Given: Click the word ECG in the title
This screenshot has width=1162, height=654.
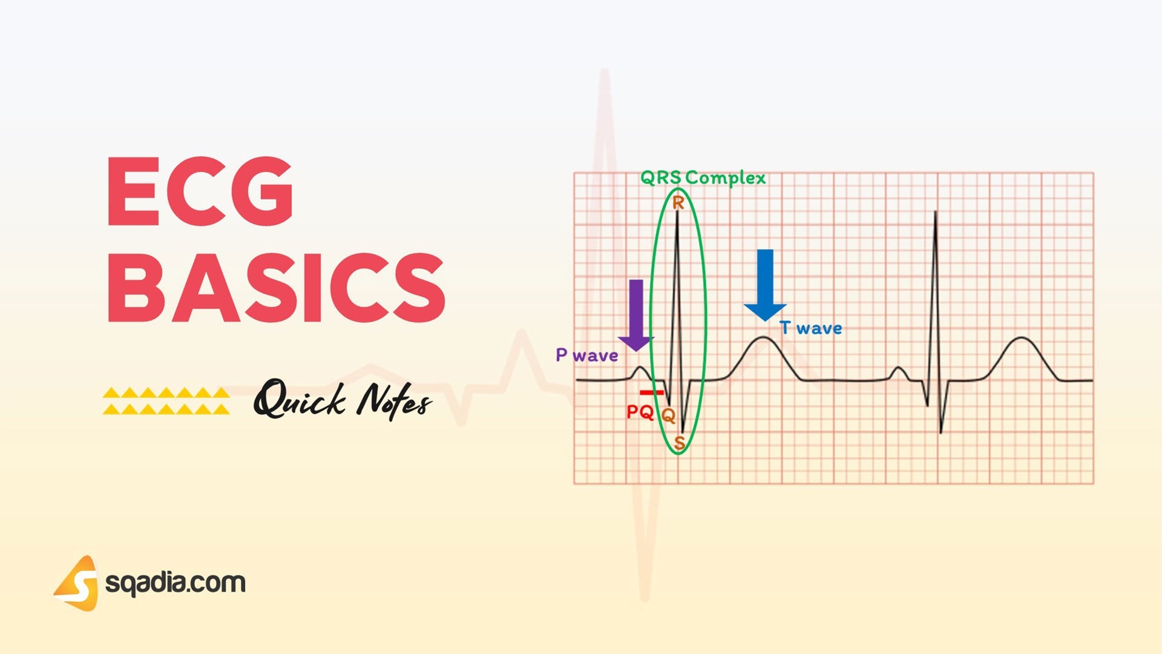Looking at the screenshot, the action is (200, 191).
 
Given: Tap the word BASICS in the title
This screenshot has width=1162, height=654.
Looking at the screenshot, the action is (277, 288).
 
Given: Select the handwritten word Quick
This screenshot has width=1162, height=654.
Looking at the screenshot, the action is (300, 399).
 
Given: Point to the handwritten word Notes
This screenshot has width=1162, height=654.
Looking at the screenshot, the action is (395, 400).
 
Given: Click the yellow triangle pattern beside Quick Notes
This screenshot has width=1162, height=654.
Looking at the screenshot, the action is (166, 401).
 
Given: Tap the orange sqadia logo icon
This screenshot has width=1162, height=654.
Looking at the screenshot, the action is (76, 583).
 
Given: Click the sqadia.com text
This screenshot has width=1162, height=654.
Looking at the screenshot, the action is (176, 583).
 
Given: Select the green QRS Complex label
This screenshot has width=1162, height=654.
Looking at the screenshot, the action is (703, 178).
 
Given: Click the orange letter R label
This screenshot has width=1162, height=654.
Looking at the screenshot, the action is (678, 203).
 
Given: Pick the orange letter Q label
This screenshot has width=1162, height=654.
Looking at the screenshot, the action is (668, 415).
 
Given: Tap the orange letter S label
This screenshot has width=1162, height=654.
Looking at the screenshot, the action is (680, 443).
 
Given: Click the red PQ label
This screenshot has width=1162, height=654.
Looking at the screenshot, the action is (640, 412).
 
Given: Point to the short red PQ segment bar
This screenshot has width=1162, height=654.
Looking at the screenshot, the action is (652, 393).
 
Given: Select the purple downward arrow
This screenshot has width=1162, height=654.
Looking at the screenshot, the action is (636, 315).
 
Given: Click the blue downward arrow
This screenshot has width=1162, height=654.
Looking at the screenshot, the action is (765, 285).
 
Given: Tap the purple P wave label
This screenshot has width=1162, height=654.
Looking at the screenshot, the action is (587, 355).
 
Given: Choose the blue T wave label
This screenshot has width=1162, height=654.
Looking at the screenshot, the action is (811, 328).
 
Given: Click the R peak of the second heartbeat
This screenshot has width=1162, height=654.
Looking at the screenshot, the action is (935, 212).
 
